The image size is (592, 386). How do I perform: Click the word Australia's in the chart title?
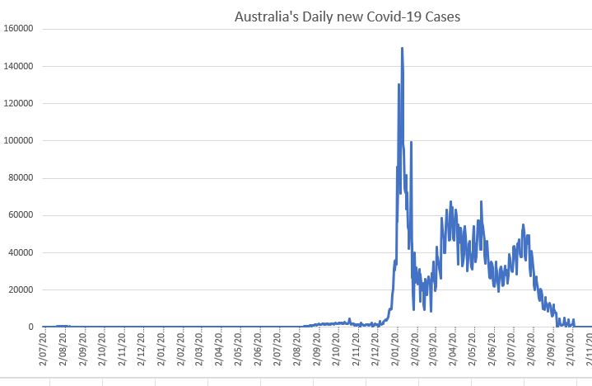coord(263,16)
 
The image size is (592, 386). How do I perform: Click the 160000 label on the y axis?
coord(17,29)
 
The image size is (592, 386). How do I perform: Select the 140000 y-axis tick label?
coord(17,66)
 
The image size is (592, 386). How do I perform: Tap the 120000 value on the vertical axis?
coord(17,103)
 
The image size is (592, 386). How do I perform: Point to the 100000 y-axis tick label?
coord(17,141)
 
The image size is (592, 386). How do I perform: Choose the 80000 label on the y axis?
coord(20,178)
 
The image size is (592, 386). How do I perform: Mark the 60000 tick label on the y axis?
coord(20,215)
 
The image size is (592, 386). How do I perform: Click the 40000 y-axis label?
coord(20,252)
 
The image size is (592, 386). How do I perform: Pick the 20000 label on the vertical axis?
coord(20,289)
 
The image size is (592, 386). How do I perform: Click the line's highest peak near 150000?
coord(402,48)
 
